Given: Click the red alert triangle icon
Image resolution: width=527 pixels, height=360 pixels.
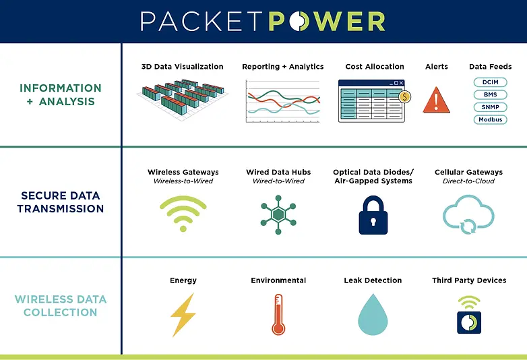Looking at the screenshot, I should pyautogui.click(x=436, y=100).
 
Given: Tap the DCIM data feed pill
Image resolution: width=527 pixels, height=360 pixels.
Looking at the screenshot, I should pyautogui.click(x=490, y=82).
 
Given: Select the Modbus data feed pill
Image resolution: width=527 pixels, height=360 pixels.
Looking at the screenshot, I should pyautogui.click(x=490, y=119).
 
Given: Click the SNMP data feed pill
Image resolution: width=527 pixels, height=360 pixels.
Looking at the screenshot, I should pyautogui.click(x=490, y=107).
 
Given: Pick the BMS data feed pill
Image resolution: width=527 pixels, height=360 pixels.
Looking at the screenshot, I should pyautogui.click(x=490, y=94).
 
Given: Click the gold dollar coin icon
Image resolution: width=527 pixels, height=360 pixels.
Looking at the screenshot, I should pyautogui.click(x=404, y=96).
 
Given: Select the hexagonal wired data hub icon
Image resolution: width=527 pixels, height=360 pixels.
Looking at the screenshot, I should pyautogui.click(x=278, y=214).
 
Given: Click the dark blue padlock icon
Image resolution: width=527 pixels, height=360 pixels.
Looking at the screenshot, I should pyautogui.click(x=373, y=215).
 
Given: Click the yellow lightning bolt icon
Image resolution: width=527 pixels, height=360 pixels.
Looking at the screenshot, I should pyautogui.click(x=183, y=314).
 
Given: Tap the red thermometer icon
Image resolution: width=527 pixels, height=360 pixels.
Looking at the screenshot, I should pyautogui.click(x=278, y=314).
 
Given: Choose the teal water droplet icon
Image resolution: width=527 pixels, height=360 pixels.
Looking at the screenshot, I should pyautogui.click(x=373, y=315).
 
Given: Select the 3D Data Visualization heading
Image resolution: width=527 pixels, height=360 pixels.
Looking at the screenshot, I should pyautogui.click(x=182, y=67).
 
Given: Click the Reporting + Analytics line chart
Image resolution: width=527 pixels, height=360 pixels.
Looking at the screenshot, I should pyautogui.click(x=282, y=101).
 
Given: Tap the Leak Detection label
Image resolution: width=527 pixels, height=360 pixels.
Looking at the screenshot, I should pyautogui.click(x=373, y=280).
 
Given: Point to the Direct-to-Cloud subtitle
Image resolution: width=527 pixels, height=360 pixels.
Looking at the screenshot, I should pyautogui.click(x=468, y=181).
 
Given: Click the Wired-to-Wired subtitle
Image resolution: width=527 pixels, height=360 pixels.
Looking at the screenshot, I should pyautogui.click(x=278, y=181).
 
